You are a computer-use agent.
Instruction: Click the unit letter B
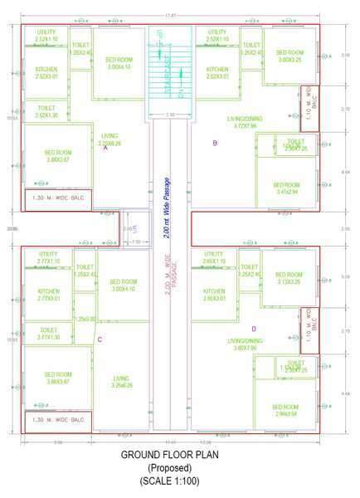click(215, 144)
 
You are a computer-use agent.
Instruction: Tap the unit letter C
click(100, 339)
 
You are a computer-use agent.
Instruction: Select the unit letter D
click(254, 330)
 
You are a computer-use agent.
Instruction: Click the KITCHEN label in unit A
click(48, 73)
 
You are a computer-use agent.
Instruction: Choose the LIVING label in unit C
click(122, 382)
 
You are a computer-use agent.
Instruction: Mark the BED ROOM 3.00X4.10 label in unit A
click(119, 64)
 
